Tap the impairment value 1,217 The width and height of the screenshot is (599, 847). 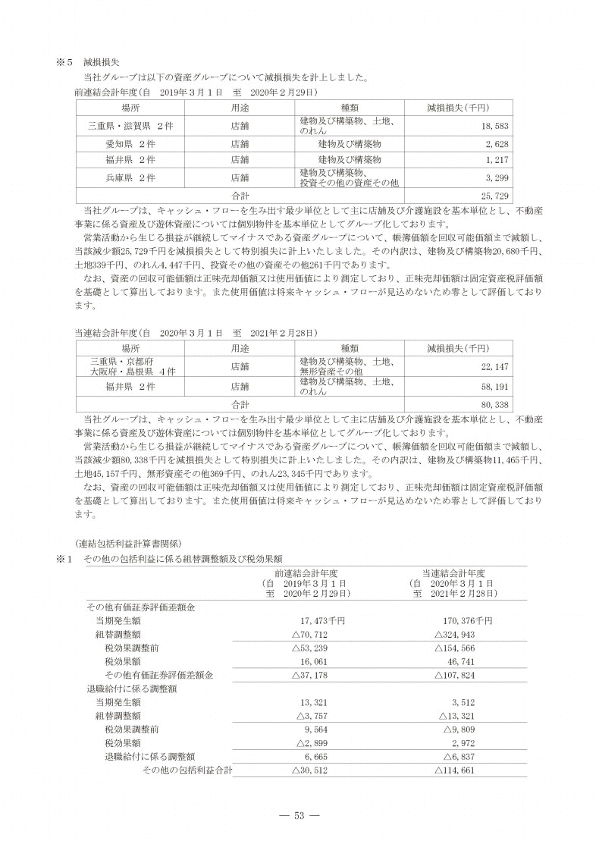click(x=497, y=160)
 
